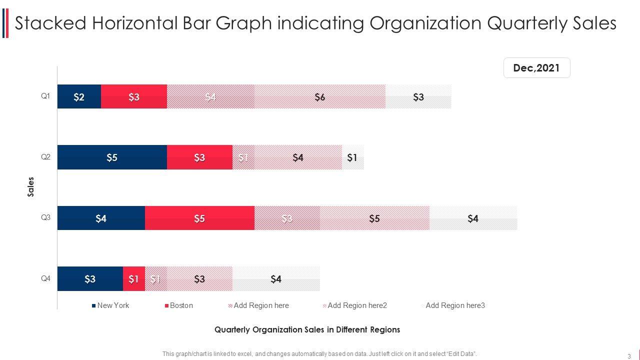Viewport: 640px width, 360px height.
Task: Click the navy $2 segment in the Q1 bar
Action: [x=79, y=97]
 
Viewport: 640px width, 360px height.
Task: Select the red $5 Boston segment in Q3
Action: [x=199, y=218]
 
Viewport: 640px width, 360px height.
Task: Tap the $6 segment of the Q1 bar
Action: [x=320, y=97]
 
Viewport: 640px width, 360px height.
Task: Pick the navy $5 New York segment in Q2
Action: [x=112, y=157]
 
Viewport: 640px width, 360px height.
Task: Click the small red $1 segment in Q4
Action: [x=133, y=279]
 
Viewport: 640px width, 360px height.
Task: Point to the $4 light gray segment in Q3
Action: [x=473, y=218]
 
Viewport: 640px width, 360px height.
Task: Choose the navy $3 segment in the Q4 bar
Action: [x=90, y=279]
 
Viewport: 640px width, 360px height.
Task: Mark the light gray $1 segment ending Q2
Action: [x=352, y=157]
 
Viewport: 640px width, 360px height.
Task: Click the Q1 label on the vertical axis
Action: [x=45, y=96]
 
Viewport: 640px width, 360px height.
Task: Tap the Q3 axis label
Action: [x=45, y=217]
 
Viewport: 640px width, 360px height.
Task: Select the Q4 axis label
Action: [x=45, y=278]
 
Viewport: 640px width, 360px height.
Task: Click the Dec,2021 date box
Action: [x=536, y=68]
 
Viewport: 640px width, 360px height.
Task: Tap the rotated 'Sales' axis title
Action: [x=31, y=187]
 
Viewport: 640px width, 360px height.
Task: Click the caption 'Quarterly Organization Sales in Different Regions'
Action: [x=307, y=330]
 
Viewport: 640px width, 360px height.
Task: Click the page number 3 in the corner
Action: [x=629, y=356]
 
